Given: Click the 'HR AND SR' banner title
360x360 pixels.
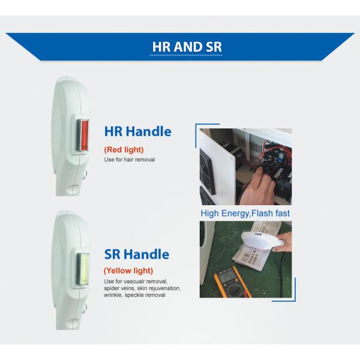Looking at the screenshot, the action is pyautogui.click(x=187, y=47).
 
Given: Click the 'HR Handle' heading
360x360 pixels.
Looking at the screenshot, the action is pyautogui.click(x=138, y=131).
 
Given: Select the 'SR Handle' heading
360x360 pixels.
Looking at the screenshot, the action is pyautogui.click(x=137, y=254).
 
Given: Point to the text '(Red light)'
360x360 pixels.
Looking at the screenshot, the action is pyautogui.click(x=124, y=149).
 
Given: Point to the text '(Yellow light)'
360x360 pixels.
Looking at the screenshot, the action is pyautogui.click(x=128, y=271).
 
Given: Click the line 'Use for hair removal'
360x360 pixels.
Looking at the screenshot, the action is pyautogui.click(x=130, y=160).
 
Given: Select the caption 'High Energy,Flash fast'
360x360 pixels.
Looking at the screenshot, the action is pyautogui.click(x=245, y=213).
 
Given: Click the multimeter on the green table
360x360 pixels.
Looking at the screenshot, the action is pyautogui.click(x=232, y=283).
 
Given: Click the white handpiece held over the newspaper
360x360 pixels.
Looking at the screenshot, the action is pyautogui.click(x=262, y=241).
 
